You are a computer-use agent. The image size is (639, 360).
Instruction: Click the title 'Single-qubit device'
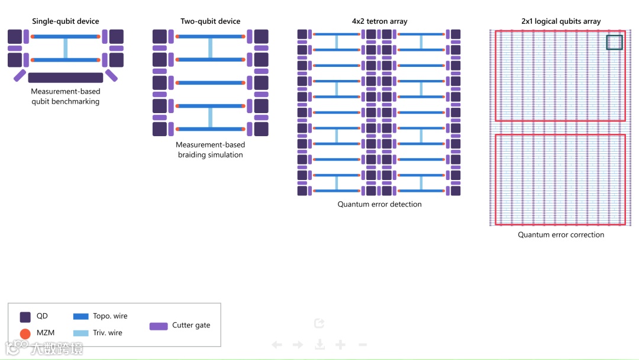click(66, 21)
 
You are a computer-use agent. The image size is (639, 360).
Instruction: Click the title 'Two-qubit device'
click(210, 21)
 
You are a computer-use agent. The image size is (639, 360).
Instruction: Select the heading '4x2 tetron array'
click(379, 21)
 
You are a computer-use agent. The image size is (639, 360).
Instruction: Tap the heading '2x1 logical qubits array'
click(560, 21)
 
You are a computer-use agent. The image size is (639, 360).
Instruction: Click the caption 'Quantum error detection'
click(379, 204)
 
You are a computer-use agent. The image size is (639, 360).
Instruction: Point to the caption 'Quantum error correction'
click(561, 234)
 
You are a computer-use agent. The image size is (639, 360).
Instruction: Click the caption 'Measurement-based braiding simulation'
click(210, 150)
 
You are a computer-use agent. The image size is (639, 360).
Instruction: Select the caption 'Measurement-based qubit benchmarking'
click(66, 97)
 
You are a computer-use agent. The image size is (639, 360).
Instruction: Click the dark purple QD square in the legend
click(25, 317)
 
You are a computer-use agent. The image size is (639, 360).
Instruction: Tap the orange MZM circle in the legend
click(25, 333)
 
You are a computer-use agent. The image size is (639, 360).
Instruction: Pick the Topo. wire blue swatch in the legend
click(80, 317)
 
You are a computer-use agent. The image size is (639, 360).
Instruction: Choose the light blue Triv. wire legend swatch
click(80, 333)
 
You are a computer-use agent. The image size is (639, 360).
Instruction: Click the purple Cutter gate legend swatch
click(159, 326)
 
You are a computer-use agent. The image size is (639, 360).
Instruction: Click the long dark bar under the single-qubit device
click(66, 78)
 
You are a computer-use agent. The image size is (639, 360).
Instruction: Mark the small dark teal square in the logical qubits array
click(614, 43)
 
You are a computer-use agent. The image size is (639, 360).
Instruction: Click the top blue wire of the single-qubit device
click(66, 37)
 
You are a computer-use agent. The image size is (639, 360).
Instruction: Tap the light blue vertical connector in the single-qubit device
click(66, 48)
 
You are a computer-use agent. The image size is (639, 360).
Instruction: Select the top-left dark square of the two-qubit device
click(160, 37)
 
